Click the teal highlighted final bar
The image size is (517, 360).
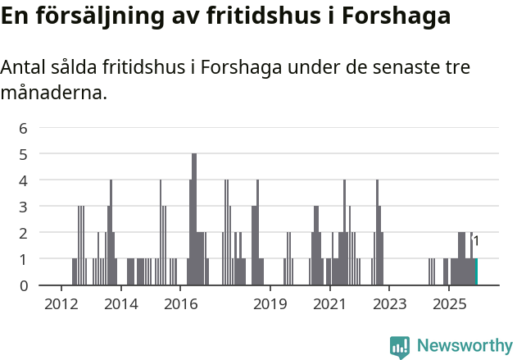click(x=476, y=272)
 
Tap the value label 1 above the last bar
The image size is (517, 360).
click(x=476, y=241)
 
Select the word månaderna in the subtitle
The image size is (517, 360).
click(x=53, y=93)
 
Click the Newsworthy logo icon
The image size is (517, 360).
click(x=400, y=347)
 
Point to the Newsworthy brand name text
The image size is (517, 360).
click(x=465, y=346)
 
